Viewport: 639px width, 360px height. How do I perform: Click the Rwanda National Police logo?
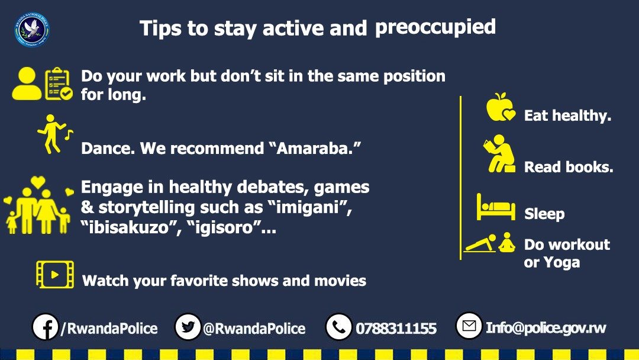point(32,30)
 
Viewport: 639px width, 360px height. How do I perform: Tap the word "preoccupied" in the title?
point(435,27)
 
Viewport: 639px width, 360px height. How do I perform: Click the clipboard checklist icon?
point(58,84)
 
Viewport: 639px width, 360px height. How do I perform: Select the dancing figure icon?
point(51,134)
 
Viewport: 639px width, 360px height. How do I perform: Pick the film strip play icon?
point(54,275)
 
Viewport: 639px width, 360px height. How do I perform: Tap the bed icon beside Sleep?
point(496,207)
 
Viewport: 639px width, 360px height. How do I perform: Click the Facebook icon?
point(45,327)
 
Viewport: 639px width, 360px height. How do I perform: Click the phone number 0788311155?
point(396,328)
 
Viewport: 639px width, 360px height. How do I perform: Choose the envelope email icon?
point(469,326)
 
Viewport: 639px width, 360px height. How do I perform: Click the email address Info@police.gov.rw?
point(546,327)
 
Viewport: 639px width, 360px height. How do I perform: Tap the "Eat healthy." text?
point(567,115)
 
